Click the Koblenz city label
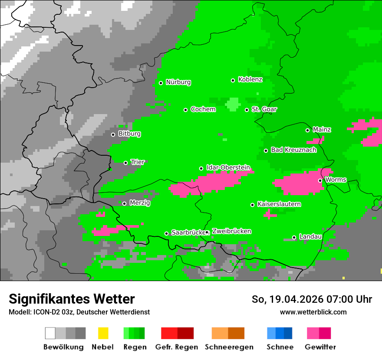pos(250,79)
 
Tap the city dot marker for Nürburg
pos(161,83)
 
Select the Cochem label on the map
pos(203,109)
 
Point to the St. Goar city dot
pos(247,110)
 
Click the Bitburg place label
pos(129,134)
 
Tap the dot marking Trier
pos(125,163)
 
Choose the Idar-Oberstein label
pos(228,167)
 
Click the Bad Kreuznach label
pos(293,150)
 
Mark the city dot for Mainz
pos(307,130)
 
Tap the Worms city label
pos(335,179)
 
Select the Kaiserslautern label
pos(279,204)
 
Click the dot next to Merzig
pos(124,203)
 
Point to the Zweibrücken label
pos(231,231)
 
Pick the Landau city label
pos(310,236)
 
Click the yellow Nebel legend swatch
pos(103,333)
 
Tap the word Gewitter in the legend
pos(320,347)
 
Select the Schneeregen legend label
pos(228,347)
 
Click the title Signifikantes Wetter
pos(72,299)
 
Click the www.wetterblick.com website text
pos(313,312)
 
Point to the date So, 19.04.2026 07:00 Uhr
pos(312,299)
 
